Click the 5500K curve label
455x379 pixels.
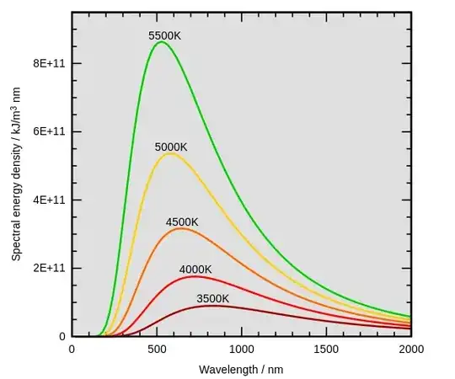[165, 36]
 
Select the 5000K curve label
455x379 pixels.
[171, 147]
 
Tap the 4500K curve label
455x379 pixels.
[182, 222]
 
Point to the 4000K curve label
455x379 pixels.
[195, 270]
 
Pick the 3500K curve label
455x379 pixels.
[213, 298]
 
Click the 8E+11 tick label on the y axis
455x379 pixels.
[44, 64]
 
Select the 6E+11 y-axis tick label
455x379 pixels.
[44, 132]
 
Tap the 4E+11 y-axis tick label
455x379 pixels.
[44, 200]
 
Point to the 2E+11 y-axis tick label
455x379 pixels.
[44, 269]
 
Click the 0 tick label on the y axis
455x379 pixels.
[62, 336]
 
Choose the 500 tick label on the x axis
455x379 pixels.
[157, 349]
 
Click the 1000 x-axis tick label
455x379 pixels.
[242, 349]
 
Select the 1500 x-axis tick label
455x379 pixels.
[327, 349]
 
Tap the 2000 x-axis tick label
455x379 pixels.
[410, 349]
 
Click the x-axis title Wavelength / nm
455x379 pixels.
[241, 369]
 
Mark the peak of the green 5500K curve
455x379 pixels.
[161, 42]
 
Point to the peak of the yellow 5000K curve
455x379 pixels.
[170, 153]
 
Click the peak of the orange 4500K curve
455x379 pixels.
[181, 228]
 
